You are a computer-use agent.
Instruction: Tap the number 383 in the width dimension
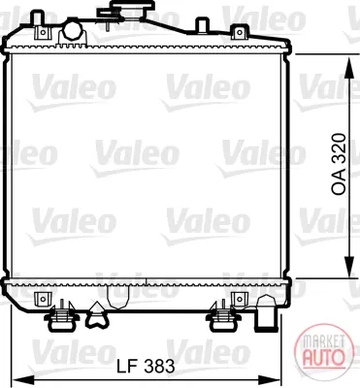[159, 366]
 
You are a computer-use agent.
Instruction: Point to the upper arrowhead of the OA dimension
[348, 69]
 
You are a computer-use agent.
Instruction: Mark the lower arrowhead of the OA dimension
[348, 267]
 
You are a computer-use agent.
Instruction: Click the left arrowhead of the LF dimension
[22, 379]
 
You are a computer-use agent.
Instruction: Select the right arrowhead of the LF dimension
[271, 379]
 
